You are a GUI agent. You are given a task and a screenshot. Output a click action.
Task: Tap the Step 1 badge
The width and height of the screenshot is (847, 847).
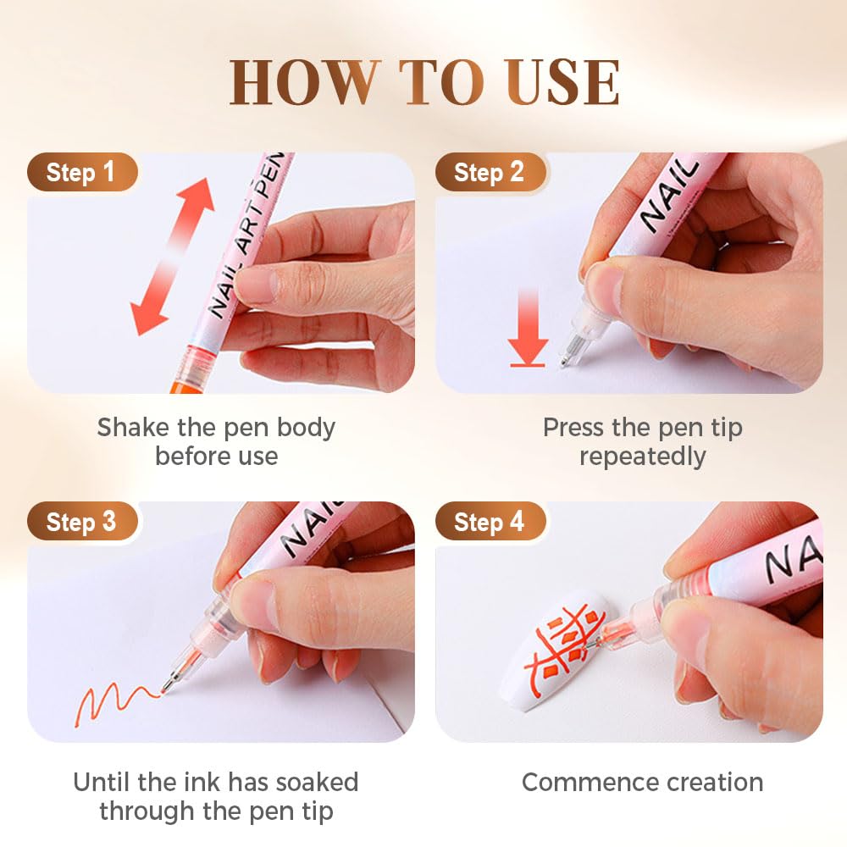(x=81, y=173)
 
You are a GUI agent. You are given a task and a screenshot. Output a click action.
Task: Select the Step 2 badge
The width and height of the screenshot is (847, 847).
(x=489, y=173)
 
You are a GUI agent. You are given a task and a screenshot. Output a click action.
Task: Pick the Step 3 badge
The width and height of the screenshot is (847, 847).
(x=81, y=522)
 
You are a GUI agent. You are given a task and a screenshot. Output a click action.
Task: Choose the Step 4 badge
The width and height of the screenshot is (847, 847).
(x=489, y=522)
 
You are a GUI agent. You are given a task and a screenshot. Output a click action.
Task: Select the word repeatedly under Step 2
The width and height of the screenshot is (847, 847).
(x=642, y=457)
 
